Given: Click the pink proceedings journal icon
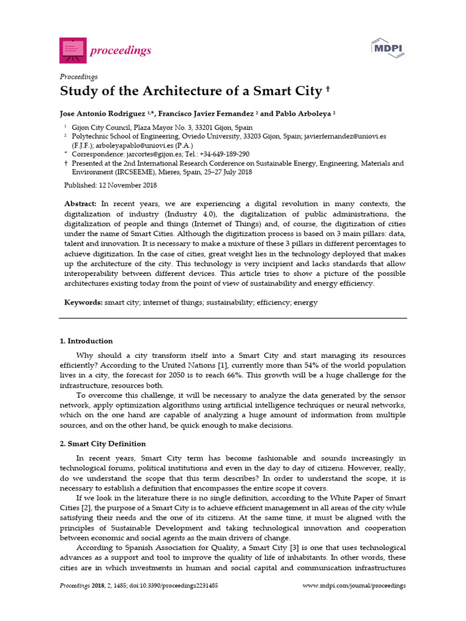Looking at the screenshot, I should click(73, 50).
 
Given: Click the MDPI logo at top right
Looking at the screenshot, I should click(388, 48).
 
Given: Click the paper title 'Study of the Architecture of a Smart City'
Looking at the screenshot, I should click(190, 92).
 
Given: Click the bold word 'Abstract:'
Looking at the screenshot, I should click(80, 204).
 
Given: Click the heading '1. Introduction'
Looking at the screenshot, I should click(86, 341).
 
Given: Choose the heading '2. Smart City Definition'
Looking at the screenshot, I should click(103, 444).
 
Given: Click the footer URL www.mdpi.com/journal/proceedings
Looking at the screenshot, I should click(354, 586).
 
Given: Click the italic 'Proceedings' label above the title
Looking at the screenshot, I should click(78, 76).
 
